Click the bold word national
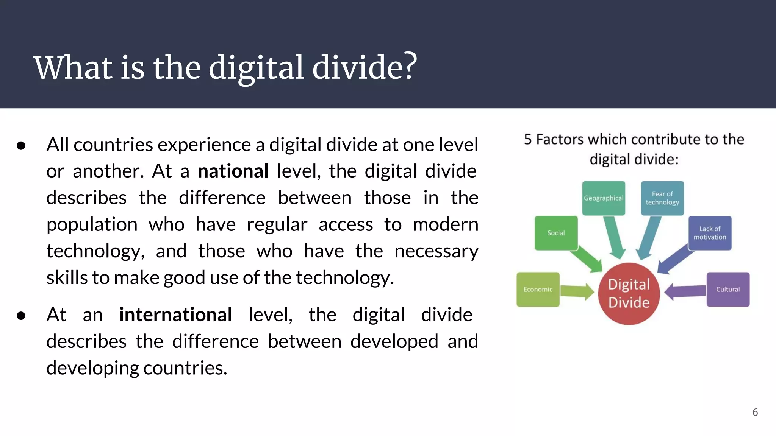click(233, 171)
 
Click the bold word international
click(175, 315)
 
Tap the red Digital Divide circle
click(629, 294)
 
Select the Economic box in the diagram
click(538, 290)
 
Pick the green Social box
click(556, 233)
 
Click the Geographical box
click(603, 198)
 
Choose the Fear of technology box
click(662, 198)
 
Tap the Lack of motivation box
click(710, 233)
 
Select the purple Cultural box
click(728, 290)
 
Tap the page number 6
click(755, 412)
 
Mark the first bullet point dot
click(21, 146)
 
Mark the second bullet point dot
click(21, 316)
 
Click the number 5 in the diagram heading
click(528, 140)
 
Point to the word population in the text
click(92, 224)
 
